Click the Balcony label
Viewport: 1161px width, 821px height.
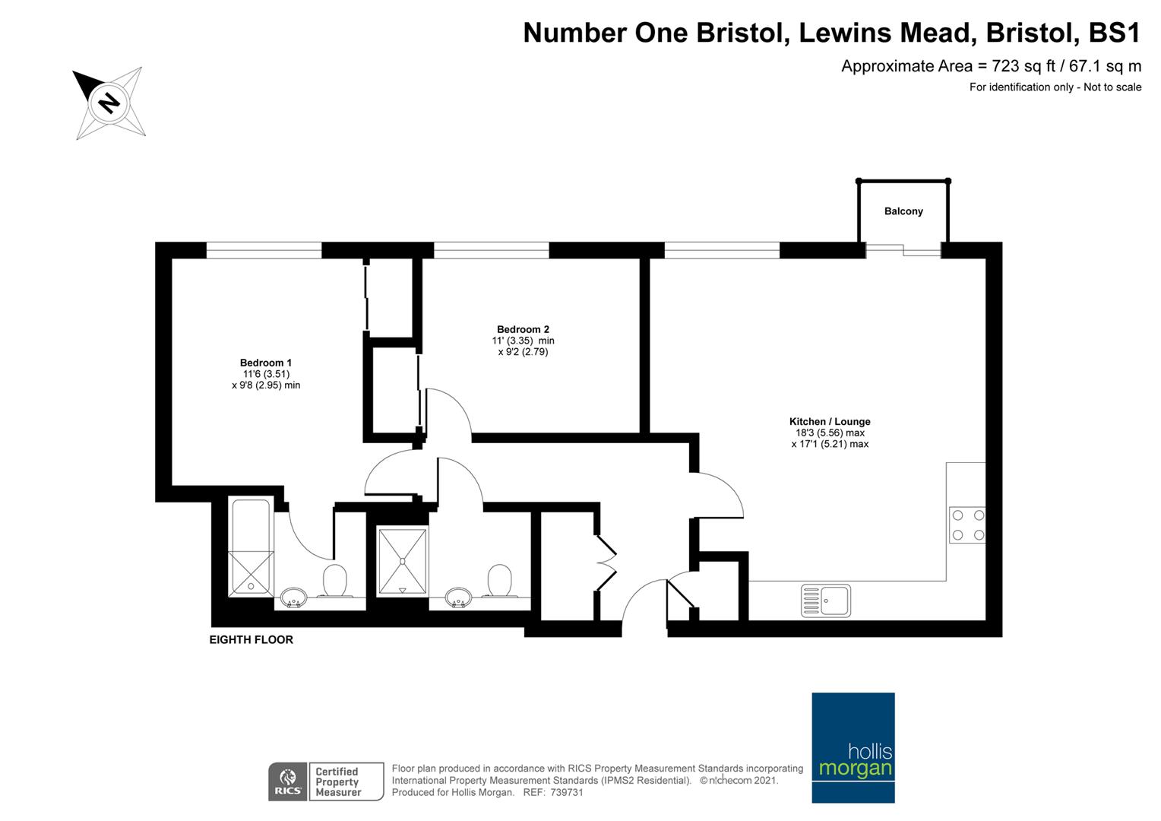point(903,211)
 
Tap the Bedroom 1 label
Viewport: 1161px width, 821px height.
point(265,363)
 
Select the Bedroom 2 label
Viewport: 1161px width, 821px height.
point(523,329)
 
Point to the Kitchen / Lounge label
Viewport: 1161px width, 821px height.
point(830,422)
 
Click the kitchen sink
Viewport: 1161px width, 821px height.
point(826,601)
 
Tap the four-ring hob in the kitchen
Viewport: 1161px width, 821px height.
point(967,525)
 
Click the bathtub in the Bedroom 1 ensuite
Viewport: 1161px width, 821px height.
point(251,547)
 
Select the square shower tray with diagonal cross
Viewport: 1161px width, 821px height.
point(402,560)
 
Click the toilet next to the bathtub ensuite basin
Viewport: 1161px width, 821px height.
point(335,581)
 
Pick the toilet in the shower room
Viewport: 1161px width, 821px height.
point(500,581)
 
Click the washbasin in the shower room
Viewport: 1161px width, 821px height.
point(458,597)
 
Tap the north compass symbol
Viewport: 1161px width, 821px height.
point(109,103)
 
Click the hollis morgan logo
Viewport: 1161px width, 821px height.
point(853,748)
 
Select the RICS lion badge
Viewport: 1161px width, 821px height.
point(288,781)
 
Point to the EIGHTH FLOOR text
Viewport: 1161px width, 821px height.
point(251,639)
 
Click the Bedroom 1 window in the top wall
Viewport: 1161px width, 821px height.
point(264,250)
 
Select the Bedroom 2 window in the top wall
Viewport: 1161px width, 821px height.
point(492,250)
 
